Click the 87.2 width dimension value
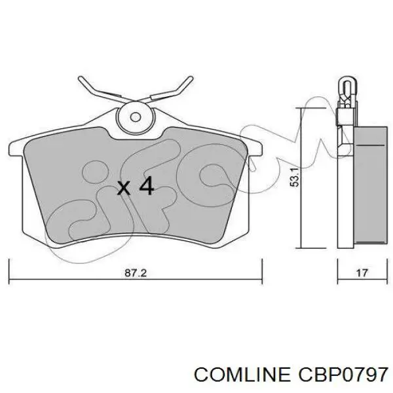point(136,272)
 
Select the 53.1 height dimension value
point(295,177)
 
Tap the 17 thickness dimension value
point(362,272)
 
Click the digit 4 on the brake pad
point(146,186)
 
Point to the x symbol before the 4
point(124,188)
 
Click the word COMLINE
point(242,375)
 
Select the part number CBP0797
point(342,375)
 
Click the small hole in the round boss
point(136,117)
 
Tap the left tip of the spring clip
point(80,79)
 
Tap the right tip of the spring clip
point(191,78)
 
